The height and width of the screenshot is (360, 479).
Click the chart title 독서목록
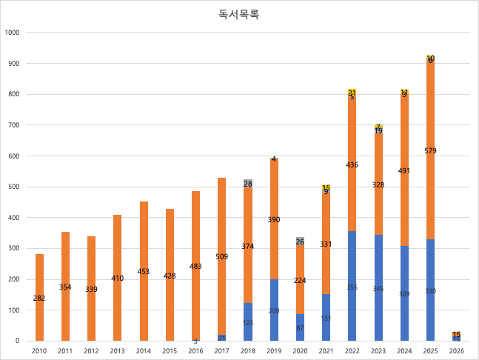(x=238, y=14)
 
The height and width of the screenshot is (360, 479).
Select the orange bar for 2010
(x=40, y=281)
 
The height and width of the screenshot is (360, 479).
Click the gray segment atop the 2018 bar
(x=248, y=183)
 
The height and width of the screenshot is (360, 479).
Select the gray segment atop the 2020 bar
(x=300, y=241)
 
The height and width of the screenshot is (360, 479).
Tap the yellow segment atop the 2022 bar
(x=352, y=93)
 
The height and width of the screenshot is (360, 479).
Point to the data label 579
(x=430, y=151)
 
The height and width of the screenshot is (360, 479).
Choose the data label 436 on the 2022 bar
(x=352, y=164)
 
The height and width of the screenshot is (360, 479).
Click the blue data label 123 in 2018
(x=248, y=323)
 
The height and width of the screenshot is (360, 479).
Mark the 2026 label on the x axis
(x=456, y=350)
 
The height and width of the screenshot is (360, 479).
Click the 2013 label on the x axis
(x=118, y=350)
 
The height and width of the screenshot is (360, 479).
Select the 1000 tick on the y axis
(x=12, y=33)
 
